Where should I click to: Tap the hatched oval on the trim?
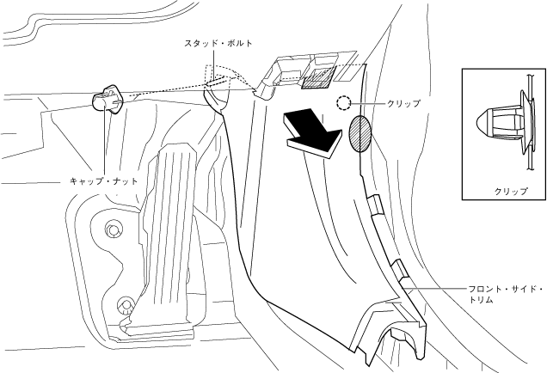click(361, 134)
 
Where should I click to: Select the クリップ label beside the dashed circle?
click(403, 104)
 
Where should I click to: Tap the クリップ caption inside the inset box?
click(510, 191)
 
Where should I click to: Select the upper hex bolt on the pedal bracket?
click(112, 229)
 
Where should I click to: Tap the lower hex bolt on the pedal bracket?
click(126, 303)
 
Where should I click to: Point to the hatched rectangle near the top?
click(317, 80)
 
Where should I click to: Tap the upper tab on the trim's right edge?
click(375, 205)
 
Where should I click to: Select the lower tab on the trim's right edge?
click(401, 275)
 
